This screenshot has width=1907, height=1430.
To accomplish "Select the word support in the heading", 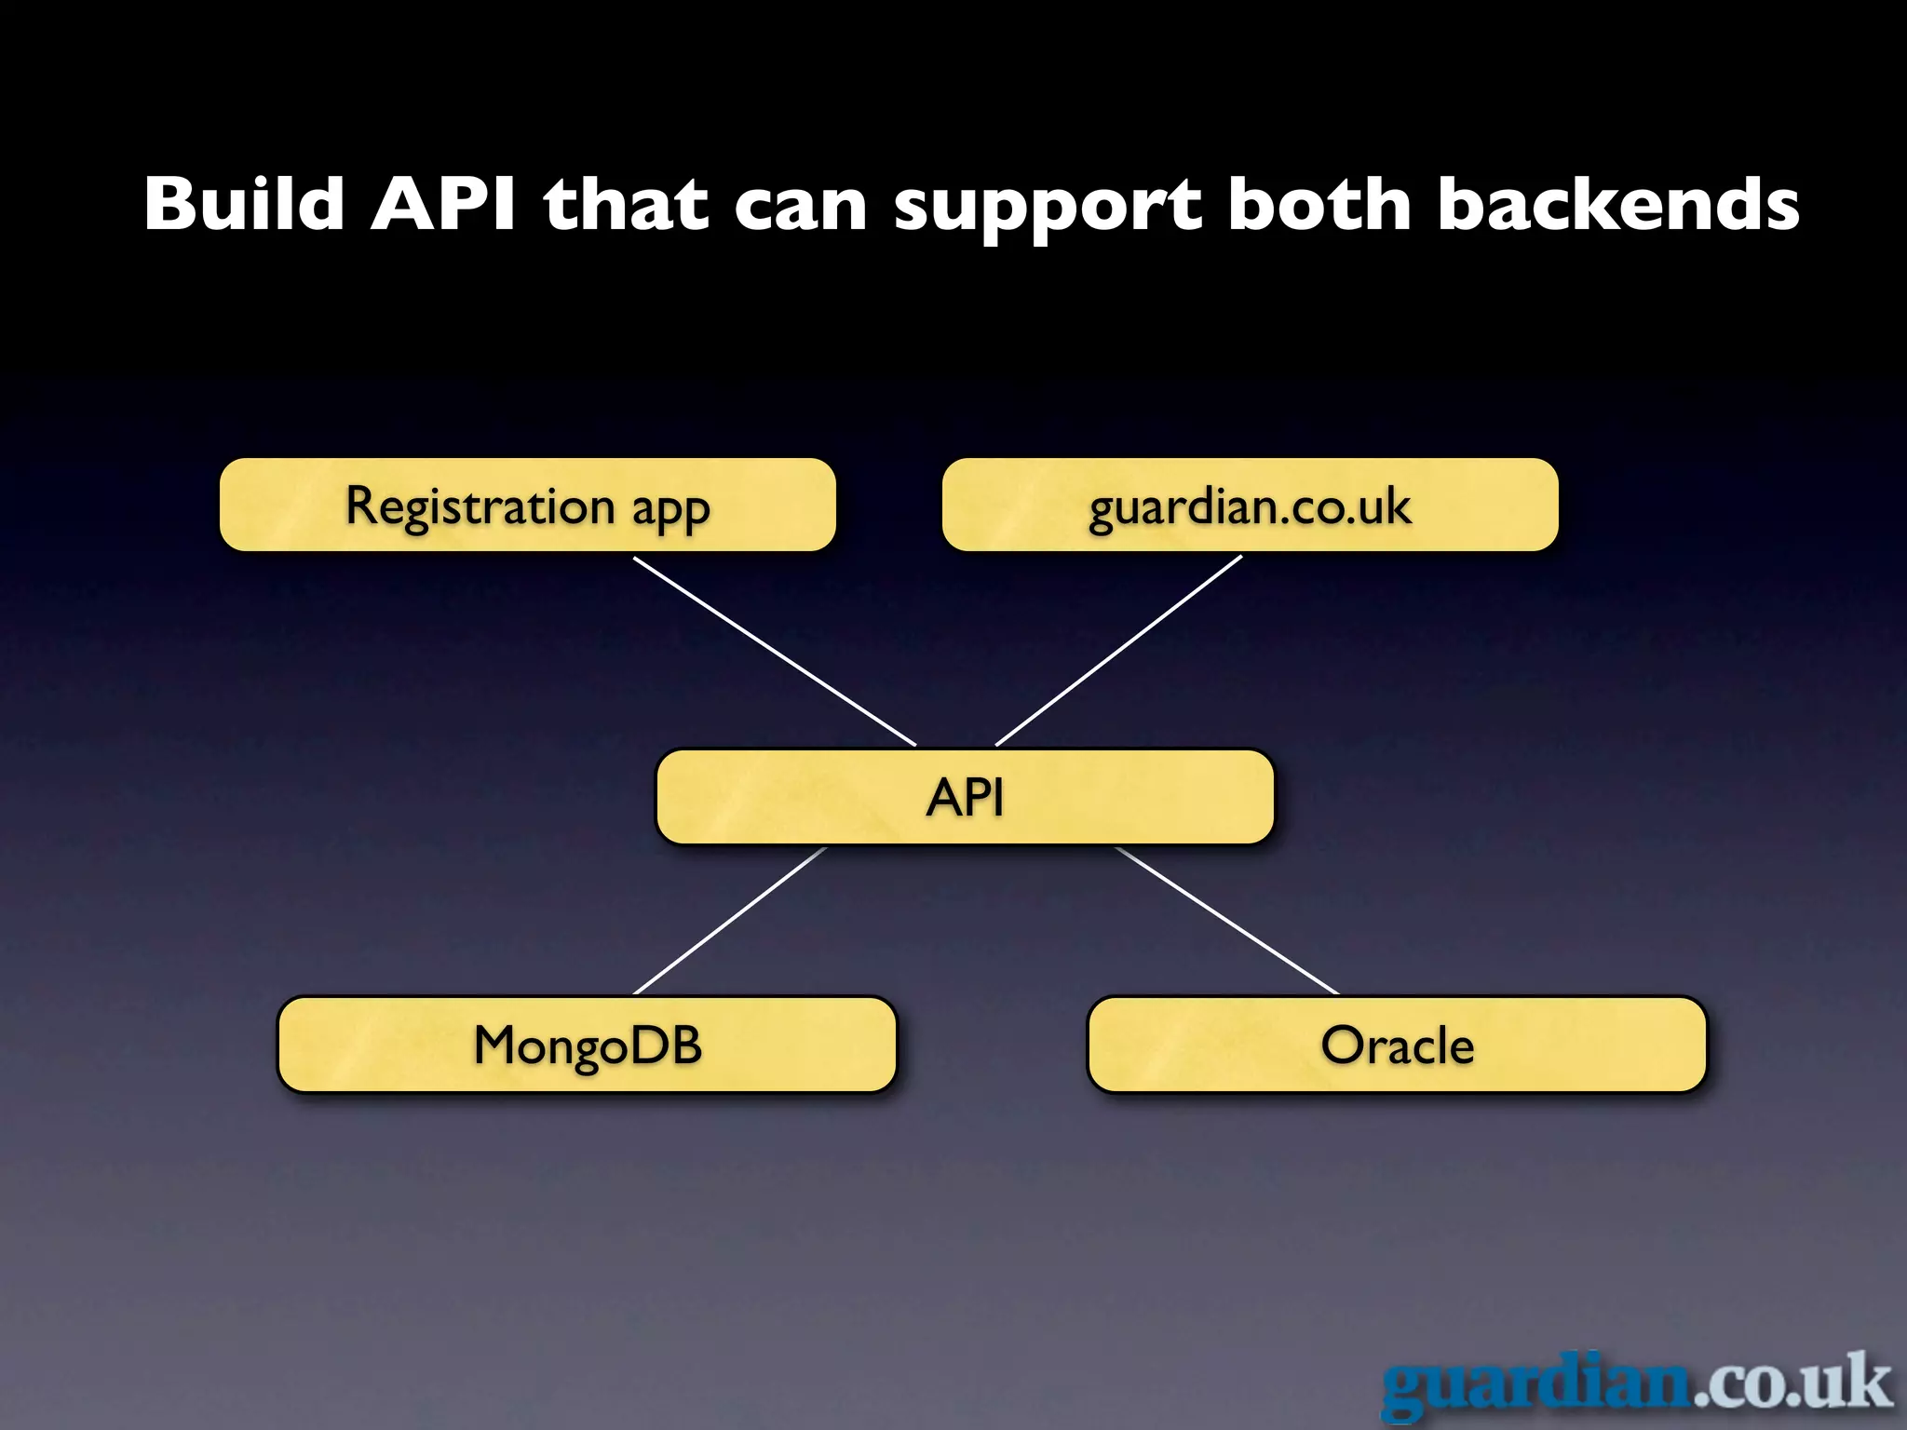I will click(1048, 207).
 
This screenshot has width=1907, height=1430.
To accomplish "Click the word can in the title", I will click(801, 207).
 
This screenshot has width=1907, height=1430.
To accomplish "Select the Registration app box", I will click(527, 505).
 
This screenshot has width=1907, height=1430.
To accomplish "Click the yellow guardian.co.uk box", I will click(1250, 505).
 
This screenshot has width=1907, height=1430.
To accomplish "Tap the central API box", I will click(965, 797).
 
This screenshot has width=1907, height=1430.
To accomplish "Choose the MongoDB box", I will click(587, 1044).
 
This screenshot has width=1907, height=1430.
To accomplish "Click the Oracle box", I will click(1397, 1044).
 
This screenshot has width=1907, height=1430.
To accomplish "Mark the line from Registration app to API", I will click(775, 652).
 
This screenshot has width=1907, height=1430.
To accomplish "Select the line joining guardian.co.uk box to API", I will click(1119, 650).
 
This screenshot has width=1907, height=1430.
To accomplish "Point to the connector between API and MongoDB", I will click(730, 921).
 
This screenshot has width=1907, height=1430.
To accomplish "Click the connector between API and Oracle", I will click(1227, 921).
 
